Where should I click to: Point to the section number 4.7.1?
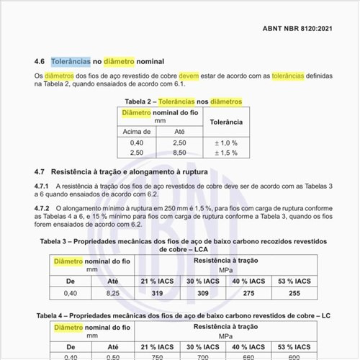point(44,186)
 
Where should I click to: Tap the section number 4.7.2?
point(44,208)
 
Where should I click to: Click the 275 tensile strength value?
point(269,293)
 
